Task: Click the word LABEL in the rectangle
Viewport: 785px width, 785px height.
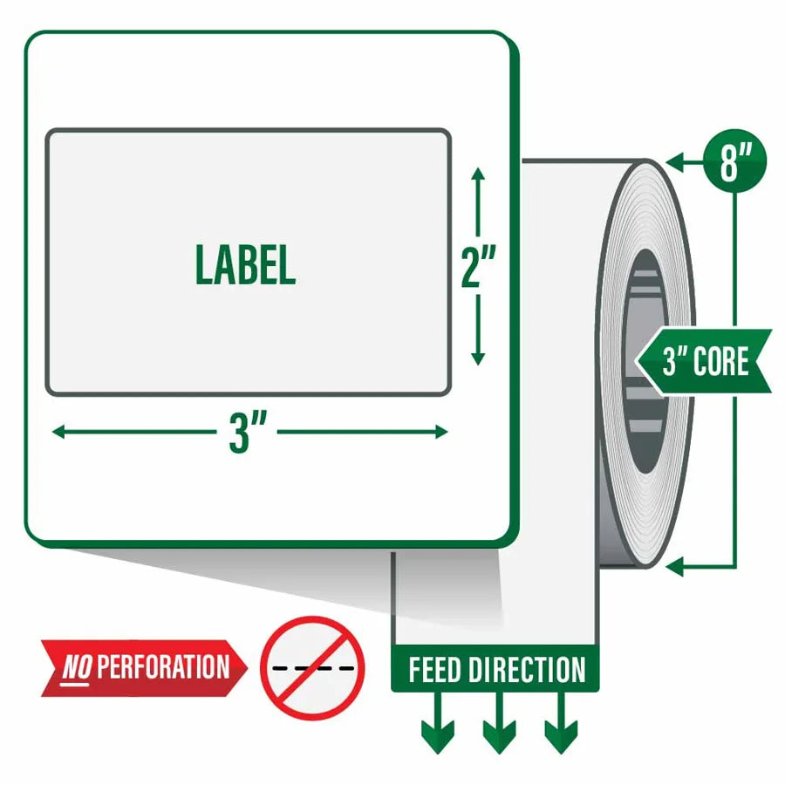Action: click(245, 265)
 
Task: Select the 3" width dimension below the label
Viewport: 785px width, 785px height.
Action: click(247, 432)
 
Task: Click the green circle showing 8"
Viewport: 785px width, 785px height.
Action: click(734, 161)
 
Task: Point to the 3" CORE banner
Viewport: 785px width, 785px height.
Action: click(703, 361)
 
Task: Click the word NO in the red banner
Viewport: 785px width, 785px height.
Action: click(77, 668)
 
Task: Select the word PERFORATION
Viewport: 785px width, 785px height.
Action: click(163, 667)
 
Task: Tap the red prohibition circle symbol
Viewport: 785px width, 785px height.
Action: click(312, 668)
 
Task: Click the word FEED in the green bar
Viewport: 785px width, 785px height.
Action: click(434, 670)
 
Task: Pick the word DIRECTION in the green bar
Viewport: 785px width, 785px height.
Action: click(527, 670)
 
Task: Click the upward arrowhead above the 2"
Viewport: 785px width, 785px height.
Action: click(478, 174)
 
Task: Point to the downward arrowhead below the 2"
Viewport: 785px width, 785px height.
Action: click(478, 358)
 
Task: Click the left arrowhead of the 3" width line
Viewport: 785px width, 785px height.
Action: click(58, 432)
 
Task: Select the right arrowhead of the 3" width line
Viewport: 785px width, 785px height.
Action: click(441, 432)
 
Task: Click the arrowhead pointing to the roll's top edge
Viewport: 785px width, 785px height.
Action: click(674, 163)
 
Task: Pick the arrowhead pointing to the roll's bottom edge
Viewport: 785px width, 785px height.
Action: click(674, 567)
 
